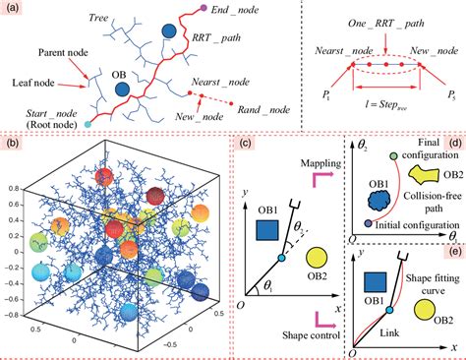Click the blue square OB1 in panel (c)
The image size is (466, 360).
264,230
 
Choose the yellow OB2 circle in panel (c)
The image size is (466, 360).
317,260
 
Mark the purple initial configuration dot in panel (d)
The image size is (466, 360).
368,225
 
